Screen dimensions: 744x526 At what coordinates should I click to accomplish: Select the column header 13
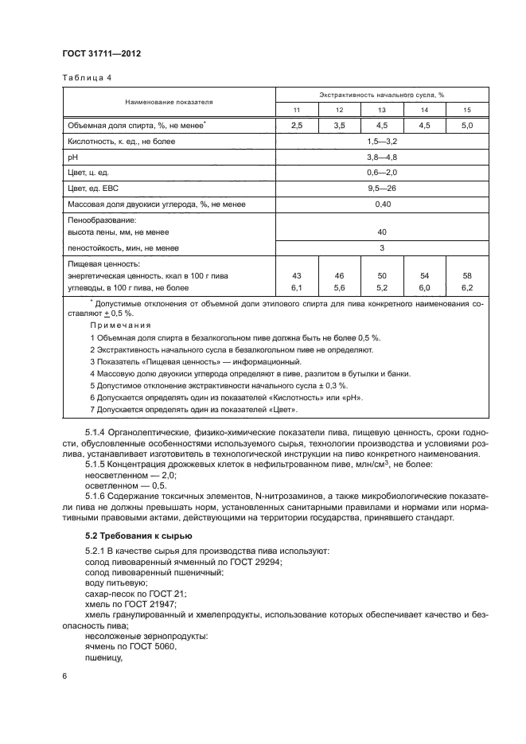click(382, 109)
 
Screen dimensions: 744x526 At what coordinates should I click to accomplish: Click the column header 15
click(467, 109)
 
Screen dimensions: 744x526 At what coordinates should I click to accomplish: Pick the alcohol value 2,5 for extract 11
click(297, 126)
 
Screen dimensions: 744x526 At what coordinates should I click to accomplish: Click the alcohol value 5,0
click(467, 126)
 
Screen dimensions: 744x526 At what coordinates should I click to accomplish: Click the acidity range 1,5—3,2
click(382, 141)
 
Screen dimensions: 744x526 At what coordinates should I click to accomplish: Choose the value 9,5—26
click(382, 189)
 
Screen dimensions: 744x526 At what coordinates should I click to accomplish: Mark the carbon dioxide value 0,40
click(382, 205)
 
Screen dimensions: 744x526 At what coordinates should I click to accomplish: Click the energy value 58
click(467, 275)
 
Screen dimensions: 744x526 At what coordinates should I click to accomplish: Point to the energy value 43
click(297, 275)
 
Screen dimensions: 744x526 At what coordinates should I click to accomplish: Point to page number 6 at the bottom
click(65, 675)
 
